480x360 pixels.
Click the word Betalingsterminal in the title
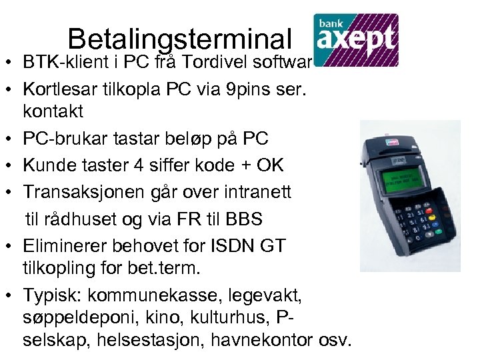(180, 39)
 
